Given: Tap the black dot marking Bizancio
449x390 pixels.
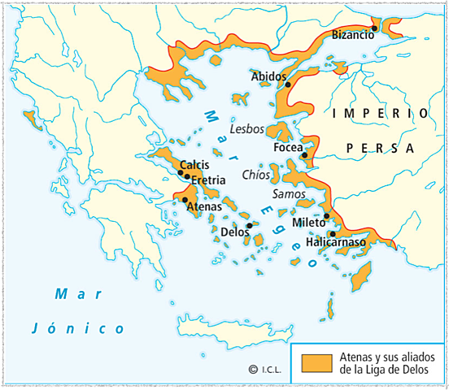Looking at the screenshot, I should point(374,28).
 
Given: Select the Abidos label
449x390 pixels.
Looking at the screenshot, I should point(268,76).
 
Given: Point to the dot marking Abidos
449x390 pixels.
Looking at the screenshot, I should point(288,84).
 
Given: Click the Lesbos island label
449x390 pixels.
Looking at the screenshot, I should point(247,128).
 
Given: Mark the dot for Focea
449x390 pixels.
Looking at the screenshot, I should point(304,154).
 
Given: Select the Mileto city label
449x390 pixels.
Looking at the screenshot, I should point(307,221).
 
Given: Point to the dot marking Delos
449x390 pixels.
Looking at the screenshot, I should point(249,226).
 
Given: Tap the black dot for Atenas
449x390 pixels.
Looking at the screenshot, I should point(185,200).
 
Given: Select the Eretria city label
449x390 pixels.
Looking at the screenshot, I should point(207,179).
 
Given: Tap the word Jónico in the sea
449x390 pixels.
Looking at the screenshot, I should point(79,328).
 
